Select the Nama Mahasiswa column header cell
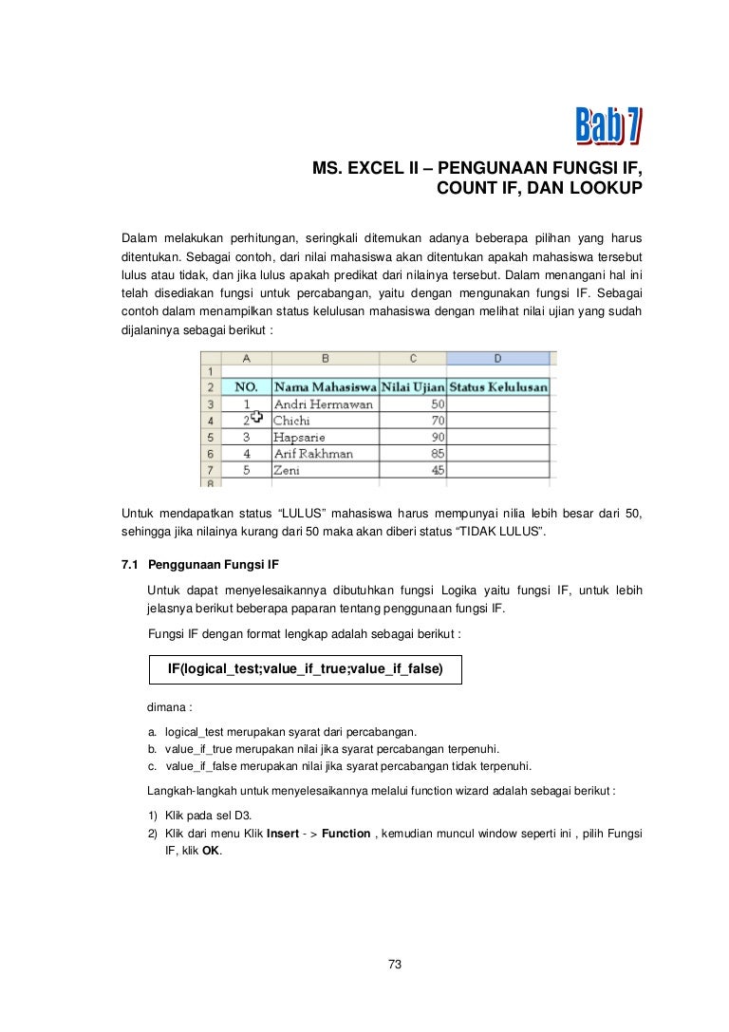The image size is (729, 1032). point(325,387)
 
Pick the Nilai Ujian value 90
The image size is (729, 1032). point(437,437)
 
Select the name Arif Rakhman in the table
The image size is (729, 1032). point(313,453)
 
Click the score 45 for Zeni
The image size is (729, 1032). point(437,469)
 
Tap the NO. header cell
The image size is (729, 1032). point(247,387)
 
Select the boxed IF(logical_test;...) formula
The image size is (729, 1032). point(304,668)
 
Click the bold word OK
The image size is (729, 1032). point(211,851)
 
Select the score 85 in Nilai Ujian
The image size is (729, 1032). point(437,453)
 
